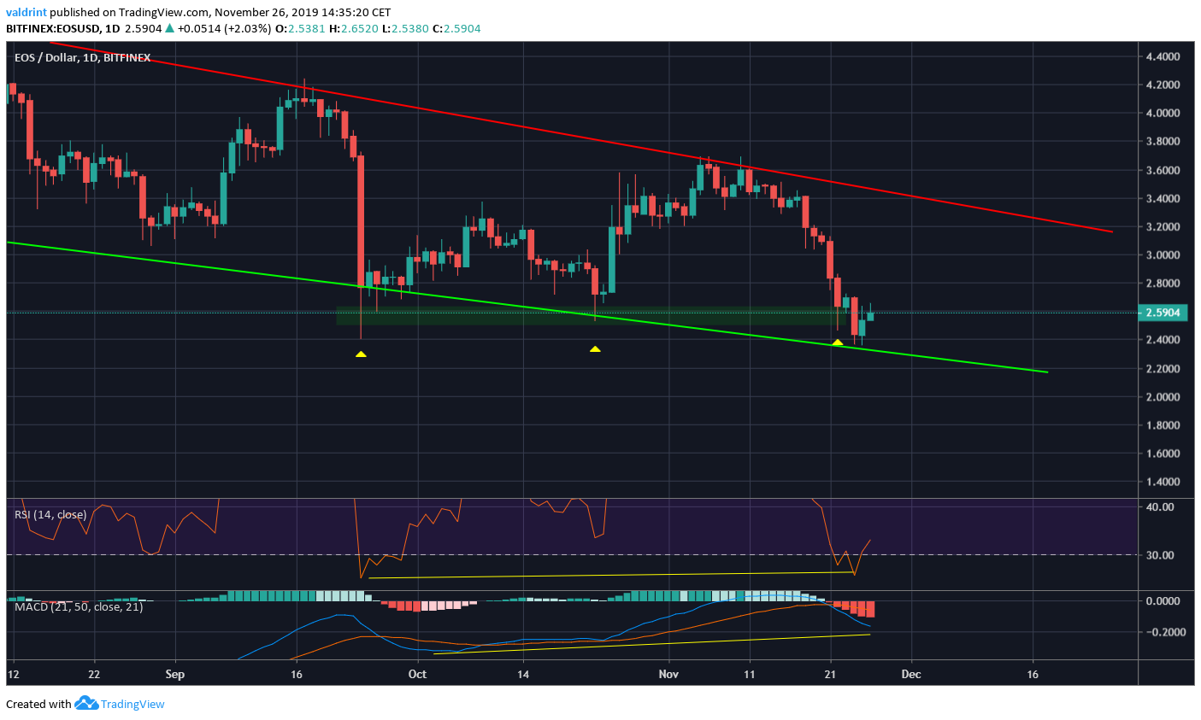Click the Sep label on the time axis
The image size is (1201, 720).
(x=174, y=674)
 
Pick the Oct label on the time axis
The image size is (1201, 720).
(x=417, y=674)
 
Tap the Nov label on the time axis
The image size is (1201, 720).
(x=668, y=674)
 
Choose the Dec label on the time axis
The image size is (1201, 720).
(x=911, y=674)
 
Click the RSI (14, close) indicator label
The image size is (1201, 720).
(x=50, y=514)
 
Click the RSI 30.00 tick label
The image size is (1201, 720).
(x=1161, y=555)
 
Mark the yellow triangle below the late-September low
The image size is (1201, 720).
(x=361, y=354)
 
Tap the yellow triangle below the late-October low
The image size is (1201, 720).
(x=595, y=348)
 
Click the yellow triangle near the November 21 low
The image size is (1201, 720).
(x=838, y=342)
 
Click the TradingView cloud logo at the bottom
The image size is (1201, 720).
(x=86, y=704)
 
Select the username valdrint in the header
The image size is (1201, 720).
(x=26, y=13)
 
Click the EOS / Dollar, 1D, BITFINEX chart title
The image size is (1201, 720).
(x=82, y=58)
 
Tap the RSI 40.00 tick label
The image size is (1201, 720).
(x=1161, y=507)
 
